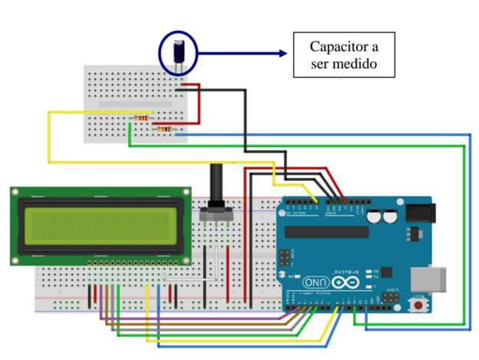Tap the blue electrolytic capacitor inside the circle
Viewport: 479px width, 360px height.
(178, 51)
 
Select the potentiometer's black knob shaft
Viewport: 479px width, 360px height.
(216, 185)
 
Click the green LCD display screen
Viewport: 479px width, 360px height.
(100, 225)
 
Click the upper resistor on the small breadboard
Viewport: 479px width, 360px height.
(142, 117)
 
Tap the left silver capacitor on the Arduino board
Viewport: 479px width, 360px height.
(374, 217)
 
